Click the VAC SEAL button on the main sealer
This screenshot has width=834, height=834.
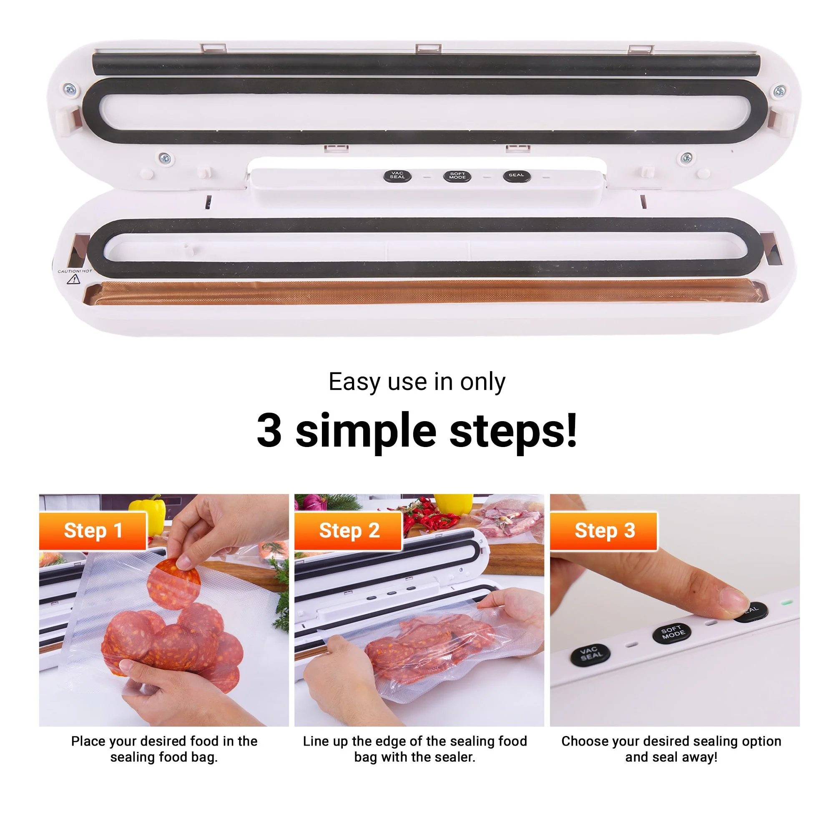tap(397, 176)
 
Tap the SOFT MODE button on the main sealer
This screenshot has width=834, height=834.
tap(457, 176)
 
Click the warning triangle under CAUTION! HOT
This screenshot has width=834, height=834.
tap(73, 280)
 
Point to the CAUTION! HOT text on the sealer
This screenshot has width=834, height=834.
tap(75, 271)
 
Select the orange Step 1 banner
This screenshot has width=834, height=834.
tap(93, 530)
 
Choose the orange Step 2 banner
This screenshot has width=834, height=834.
tap(348, 530)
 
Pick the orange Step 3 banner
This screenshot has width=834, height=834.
tap(603, 530)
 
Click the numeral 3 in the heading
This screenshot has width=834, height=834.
tap(269, 430)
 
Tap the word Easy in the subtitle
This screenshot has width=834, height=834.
tap(355, 382)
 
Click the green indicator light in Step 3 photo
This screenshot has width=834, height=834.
tap(787, 602)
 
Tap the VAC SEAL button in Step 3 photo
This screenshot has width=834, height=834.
tap(590, 654)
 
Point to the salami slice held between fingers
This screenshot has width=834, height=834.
tap(173, 583)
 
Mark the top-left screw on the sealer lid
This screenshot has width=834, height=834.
tap(70, 89)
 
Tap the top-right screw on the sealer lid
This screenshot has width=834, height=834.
tap(780, 91)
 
